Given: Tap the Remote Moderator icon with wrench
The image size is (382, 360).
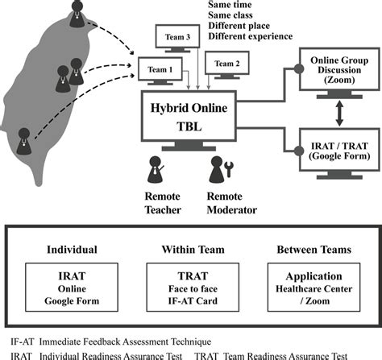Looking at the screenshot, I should pos(219,171).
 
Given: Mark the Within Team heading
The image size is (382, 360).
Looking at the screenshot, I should pos(191,249).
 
